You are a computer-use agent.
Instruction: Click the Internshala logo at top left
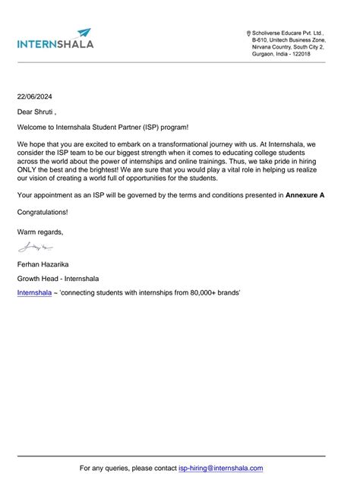click(55, 39)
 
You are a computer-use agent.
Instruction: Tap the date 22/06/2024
click(35, 96)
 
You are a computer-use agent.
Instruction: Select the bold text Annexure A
click(305, 195)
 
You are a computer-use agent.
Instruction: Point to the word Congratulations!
click(43, 212)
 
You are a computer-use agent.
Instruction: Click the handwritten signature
click(36, 247)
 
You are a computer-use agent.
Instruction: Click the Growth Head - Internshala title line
click(58, 279)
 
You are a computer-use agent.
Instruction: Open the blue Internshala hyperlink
click(34, 292)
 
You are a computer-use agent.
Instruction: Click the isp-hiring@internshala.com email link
click(220, 469)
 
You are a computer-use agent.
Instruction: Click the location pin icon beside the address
click(249, 33)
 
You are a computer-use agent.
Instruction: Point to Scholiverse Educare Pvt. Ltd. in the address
click(288, 33)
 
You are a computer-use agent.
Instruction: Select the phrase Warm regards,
click(40, 232)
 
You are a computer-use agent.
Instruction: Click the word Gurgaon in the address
click(266, 54)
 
